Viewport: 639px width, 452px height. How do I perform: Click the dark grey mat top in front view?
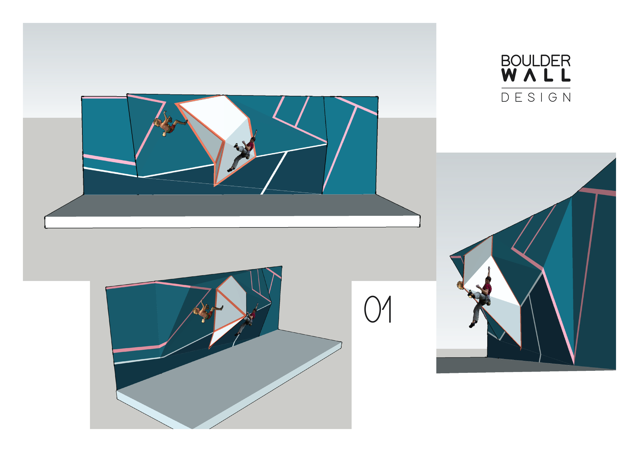[232, 205]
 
